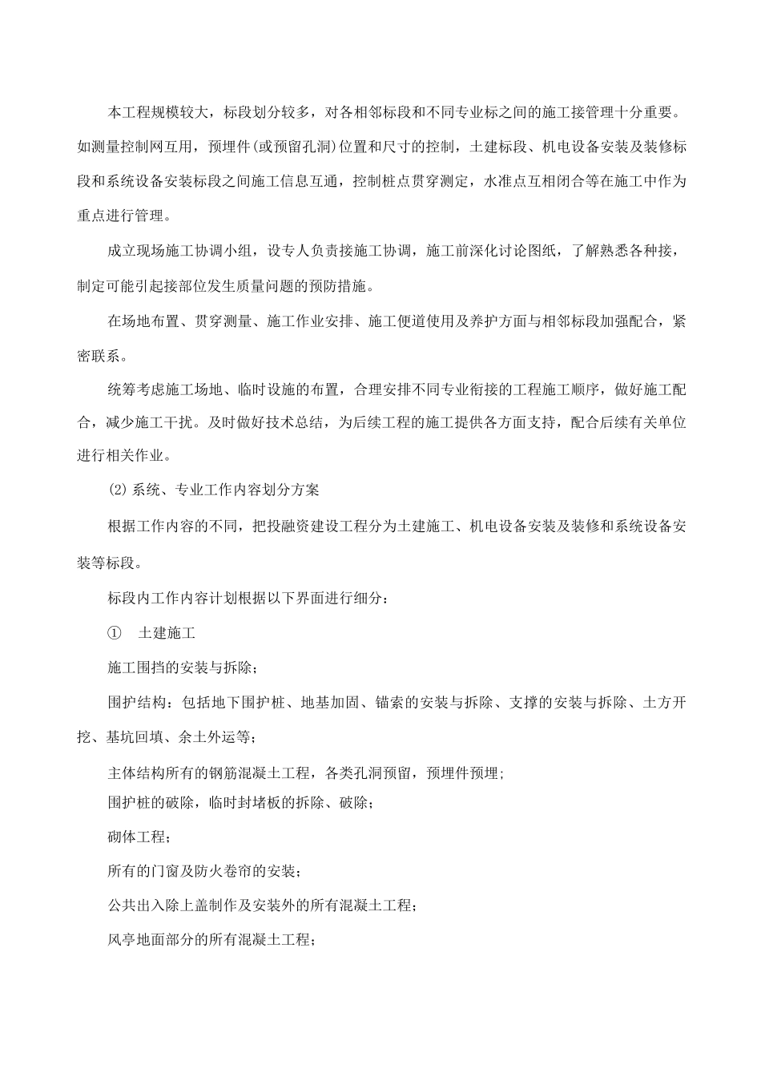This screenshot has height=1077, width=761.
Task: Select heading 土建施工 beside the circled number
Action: (x=167, y=632)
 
